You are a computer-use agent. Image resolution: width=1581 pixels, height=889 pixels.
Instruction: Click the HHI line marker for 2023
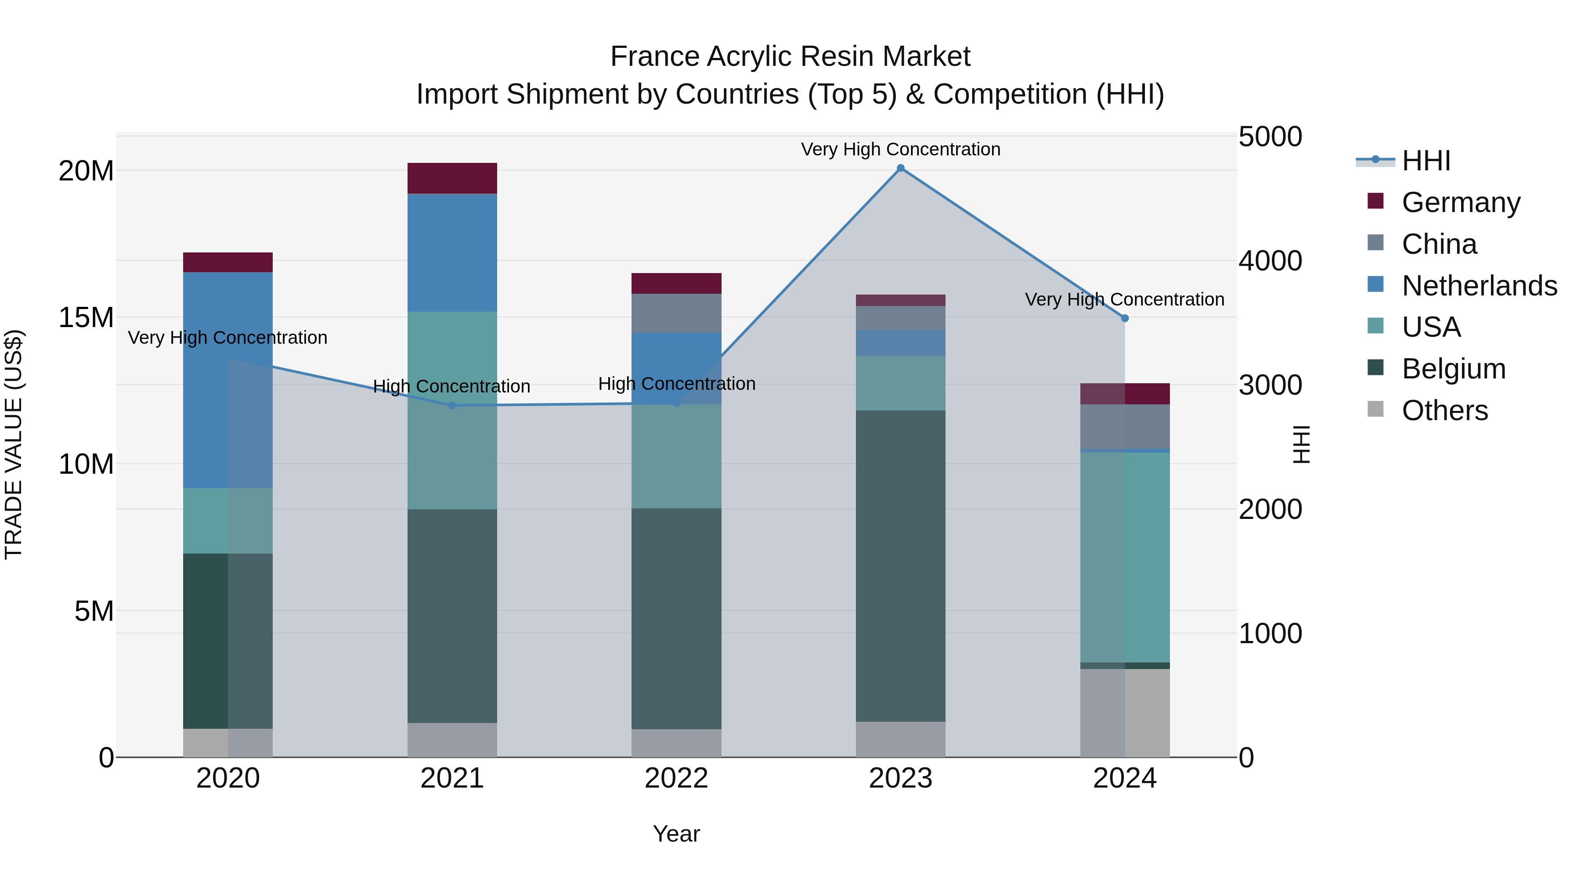click(900, 168)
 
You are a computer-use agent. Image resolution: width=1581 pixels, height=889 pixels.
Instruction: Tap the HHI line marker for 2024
click(1124, 318)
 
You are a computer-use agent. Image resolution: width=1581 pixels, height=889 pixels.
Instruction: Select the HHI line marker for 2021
click(452, 406)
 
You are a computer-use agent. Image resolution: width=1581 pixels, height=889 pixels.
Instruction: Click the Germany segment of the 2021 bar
click(452, 179)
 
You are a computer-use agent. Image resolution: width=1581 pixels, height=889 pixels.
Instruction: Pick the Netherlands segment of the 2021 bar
click(452, 253)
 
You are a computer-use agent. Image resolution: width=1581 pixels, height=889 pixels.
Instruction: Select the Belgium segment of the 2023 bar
click(900, 566)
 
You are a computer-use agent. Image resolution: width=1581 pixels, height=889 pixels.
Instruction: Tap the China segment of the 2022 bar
click(676, 313)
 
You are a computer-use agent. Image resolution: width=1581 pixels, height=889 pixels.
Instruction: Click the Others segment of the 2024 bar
click(1124, 713)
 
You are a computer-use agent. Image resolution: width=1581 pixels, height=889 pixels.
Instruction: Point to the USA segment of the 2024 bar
click(1124, 557)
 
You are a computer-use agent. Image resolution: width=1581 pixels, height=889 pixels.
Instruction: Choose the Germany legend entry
click(1461, 202)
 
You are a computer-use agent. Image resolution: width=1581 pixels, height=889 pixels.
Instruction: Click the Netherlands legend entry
click(1479, 286)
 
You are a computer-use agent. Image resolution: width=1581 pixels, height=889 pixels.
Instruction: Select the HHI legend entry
click(1426, 161)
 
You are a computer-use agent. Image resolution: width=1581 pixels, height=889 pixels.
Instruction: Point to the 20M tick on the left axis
click(86, 171)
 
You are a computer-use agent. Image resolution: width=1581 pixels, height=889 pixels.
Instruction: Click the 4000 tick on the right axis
click(1270, 261)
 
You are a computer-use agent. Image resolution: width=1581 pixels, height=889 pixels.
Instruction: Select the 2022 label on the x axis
click(676, 778)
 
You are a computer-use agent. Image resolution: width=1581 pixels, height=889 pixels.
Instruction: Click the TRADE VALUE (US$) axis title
click(14, 444)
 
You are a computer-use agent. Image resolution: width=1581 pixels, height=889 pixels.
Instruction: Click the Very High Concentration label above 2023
click(900, 150)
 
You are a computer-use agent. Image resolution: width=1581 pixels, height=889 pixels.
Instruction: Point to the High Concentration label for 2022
click(676, 384)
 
